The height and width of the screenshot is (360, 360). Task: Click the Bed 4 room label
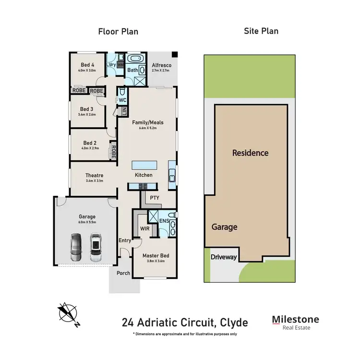[x=87, y=65]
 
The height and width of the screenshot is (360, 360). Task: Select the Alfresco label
[x=161, y=65]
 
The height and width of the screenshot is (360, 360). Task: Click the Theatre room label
[x=94, y=175]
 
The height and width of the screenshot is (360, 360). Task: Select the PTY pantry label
[x=155, y=197]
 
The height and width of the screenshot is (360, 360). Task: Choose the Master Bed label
[x=156, y=256]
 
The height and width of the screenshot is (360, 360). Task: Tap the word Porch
[x=123, y=274]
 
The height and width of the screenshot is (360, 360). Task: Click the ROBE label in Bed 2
[x=113, y=152]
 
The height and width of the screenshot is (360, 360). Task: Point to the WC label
[x=122, y=100]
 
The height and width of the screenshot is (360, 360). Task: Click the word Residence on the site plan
[x=250, y=153]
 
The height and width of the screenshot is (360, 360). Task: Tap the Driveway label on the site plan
[x=224, y=257]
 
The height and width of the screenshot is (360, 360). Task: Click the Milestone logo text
[x=295, y=319]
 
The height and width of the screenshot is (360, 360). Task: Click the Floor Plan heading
[x=118, y=32]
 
